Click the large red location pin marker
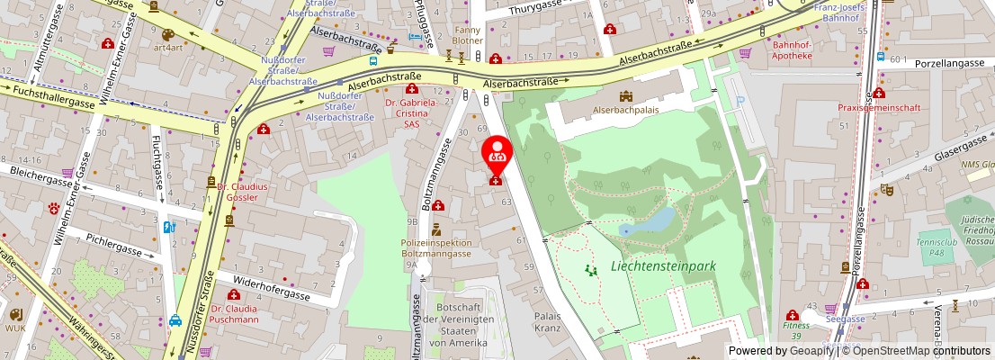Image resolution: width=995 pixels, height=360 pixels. pos(496,153)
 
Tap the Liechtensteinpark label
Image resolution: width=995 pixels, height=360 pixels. pos(662,266)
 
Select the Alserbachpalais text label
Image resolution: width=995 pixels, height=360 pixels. pos(626,111)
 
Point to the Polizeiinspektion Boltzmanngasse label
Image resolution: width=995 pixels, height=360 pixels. pos(436,248)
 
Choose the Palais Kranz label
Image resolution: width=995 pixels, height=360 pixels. pos(548,322)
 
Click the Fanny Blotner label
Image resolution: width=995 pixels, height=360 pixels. pos(467,35)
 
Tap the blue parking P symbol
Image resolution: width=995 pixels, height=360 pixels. pos(740,102)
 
